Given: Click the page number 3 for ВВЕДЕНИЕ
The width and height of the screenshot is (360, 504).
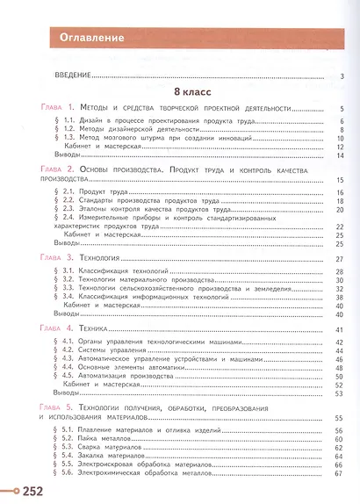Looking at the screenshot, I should (340, 76).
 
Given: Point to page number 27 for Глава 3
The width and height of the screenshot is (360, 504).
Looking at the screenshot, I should (338, 258).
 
